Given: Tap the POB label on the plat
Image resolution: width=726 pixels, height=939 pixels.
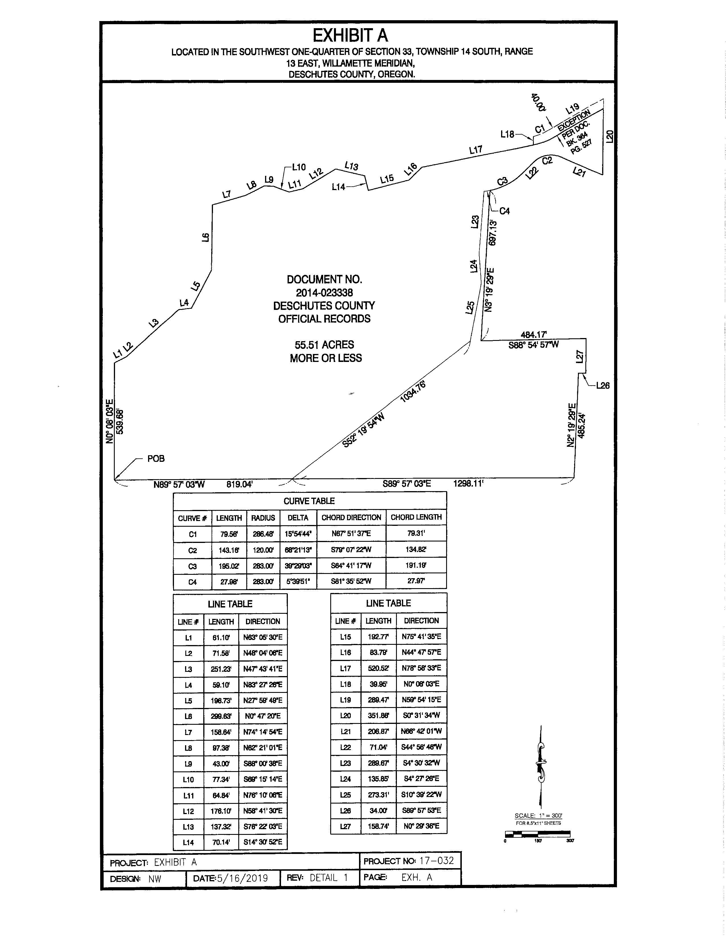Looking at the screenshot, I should (x=156, y=459).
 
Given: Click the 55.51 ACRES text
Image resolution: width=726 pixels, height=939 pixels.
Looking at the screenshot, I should (x=324, y=345).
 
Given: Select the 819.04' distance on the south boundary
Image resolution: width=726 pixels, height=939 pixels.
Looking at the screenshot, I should (x=239, y=485).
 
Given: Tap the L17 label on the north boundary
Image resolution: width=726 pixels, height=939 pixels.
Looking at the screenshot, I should (x=476, y=150).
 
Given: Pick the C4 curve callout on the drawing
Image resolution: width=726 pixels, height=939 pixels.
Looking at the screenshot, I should (x=504, y=211).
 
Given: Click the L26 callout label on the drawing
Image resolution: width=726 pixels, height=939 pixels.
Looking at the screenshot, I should (x=602, y=386).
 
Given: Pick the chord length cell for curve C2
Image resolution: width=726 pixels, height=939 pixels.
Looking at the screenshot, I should (x=416, y=549).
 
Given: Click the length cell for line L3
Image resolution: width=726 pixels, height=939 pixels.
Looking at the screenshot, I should (x=221, y=669).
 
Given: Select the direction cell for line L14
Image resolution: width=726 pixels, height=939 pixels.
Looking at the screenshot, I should (x=263, y=842).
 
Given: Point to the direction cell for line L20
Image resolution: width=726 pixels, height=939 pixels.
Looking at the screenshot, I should (x=421, y=715).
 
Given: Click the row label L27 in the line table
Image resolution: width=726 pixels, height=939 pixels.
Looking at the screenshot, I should (x=345, y=826).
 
